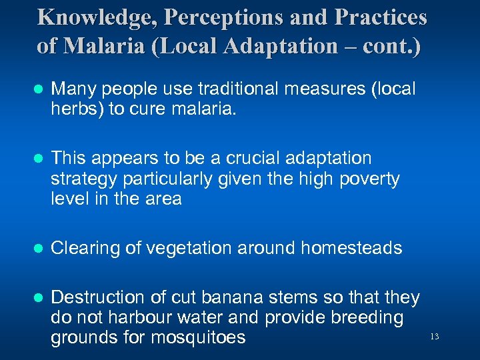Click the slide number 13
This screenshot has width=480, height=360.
(435, 337)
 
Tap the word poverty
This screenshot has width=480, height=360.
(368, 178)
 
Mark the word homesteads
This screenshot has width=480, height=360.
(351, 249)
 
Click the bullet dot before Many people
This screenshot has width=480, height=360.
(39, 89)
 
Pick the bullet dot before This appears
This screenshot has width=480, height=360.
(39, 159)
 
